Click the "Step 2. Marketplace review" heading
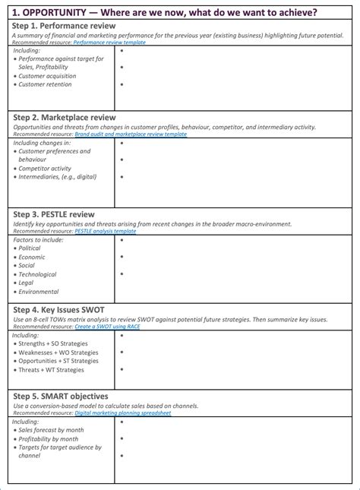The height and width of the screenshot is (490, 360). pyautogui.click(x=65, y=117)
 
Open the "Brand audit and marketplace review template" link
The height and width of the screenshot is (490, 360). pyautogui.click(x=130, y=134)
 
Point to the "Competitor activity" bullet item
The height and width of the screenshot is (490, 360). pyautogui.click(x=45, y=169)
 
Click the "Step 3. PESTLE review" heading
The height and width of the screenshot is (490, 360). pyautogui.click(x=53, y=214)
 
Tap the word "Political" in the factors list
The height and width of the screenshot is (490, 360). pyautogui.click(x=30, y=248)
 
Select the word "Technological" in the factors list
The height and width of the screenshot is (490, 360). pyautogui.click(x=38, y=274)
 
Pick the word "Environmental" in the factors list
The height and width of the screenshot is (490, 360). pyautogui.click(x=38, y=292)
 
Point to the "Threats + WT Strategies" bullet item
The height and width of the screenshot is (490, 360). pyautogui.click(x=51, y=370)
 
